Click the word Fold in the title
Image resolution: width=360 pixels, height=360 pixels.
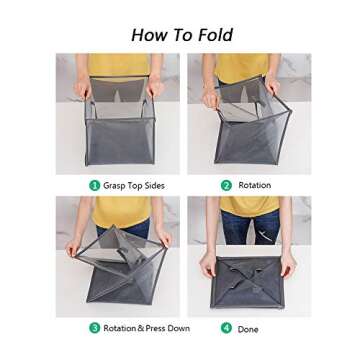(212, 35)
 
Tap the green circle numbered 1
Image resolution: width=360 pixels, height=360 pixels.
(95, 185)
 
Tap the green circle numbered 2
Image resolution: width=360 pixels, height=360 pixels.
(226, 185)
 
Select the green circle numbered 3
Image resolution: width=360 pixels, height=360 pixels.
(95, 327)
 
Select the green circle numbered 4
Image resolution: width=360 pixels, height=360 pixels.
(226, 327)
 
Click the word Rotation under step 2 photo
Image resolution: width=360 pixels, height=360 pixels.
(255, 185)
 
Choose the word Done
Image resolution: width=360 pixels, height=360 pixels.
(248, 327)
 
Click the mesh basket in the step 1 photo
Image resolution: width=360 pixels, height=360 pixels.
(118, 135)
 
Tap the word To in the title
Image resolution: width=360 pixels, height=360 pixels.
(180, 35)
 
